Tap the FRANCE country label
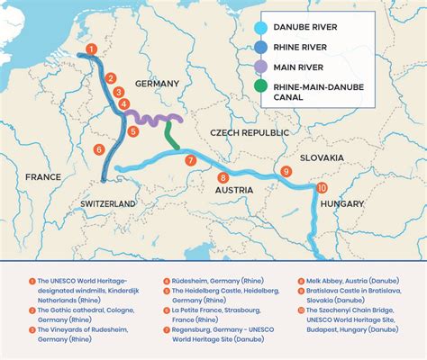click(x=43, y=177)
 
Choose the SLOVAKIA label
click(x=323, y=157)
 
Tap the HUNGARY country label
click(x=341, y=204)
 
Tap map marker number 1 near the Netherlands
click(x=87, y=49)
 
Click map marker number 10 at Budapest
click(x=322, y=187)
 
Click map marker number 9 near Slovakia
click(x=286, y=171)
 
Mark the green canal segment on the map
click(x=170, y=135)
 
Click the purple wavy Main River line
click(x=153, y=119)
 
